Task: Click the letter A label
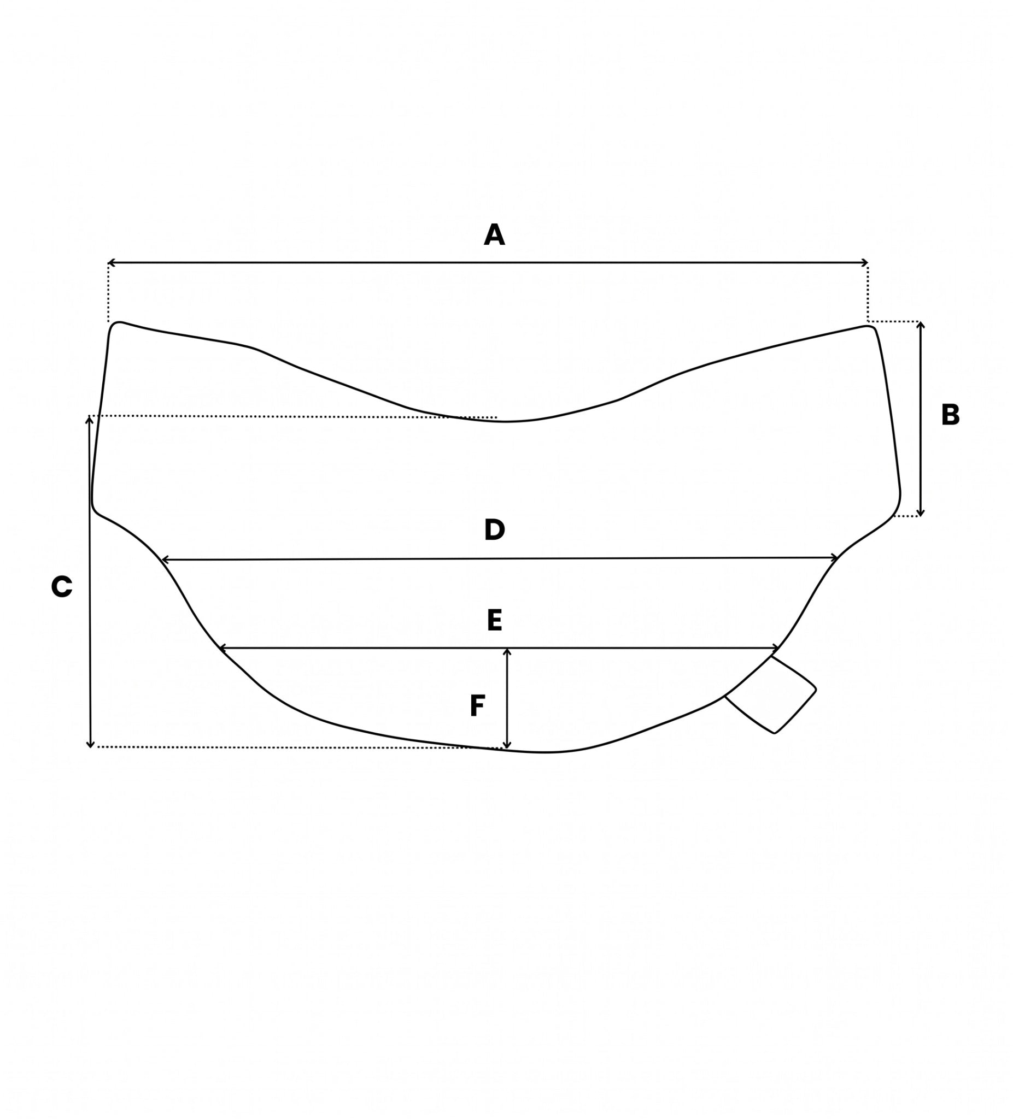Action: click(x=494, y=235)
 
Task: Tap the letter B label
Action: click(x=950, y=415)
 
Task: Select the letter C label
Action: click(x=62, y=587)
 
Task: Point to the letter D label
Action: click(x=494, y=529)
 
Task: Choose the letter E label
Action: click(x=494, y=620)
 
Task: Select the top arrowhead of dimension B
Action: click(x=920, y=325)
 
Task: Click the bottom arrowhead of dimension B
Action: click(x=920, y=513)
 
